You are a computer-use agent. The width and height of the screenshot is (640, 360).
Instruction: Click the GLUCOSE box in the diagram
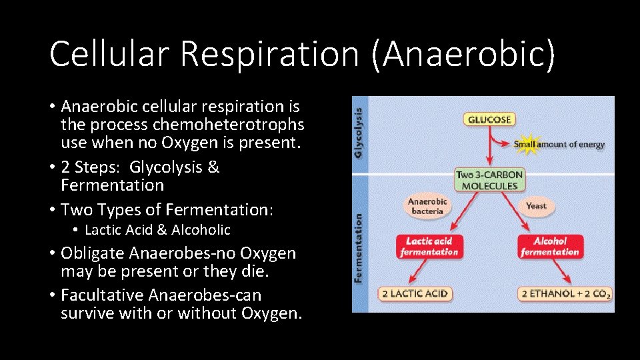pyautogui.click(x=489, y=120)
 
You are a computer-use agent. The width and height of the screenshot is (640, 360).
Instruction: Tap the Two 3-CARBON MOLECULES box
pyautogui.click(x=490, y=179)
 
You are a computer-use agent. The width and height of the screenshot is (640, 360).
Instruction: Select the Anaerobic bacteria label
pyautogui.click(x=427, y=206)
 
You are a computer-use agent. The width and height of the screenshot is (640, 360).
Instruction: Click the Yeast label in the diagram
pyautogui.click(x=536, y=206)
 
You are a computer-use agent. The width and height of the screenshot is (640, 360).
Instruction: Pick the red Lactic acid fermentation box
pyautogui.click(x=429, y=247)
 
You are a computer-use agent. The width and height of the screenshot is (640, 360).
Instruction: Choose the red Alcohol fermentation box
pyautogui.click(x=550, y=247)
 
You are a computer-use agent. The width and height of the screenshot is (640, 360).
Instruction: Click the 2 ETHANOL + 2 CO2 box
pyautogui.click(x=565, y=294)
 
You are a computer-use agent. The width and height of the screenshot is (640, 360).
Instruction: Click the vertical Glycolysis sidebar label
pyautogui.click(x=359, y=133)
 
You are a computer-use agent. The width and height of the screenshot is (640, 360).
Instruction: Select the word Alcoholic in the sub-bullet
pyautogui.click(x=201, y=230)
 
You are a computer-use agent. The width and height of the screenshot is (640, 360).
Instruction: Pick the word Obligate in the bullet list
pyautogui.click(x=93, y=253)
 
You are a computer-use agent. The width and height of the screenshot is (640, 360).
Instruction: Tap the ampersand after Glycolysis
pyautogui.click(x=213, y=167)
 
